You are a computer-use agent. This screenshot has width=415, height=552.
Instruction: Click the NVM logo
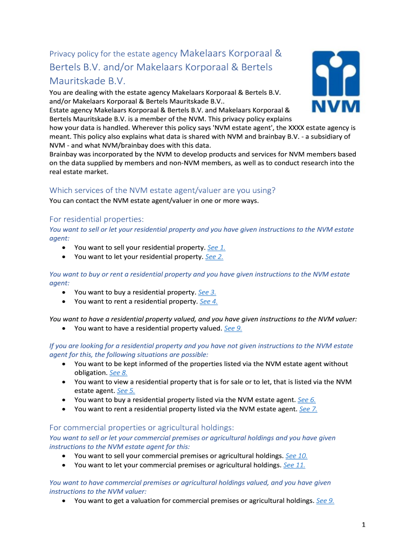(337, 82)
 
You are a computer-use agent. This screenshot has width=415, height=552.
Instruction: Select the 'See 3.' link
(207, 292)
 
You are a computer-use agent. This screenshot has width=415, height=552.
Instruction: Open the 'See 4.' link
(209, 301)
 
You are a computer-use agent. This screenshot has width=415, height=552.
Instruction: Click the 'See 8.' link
(118, 372)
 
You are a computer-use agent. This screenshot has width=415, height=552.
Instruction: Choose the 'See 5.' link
(126, 391)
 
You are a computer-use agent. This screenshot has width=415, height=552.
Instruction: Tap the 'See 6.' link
(306, 399)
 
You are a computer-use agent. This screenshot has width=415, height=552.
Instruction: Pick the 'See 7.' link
(308, 409)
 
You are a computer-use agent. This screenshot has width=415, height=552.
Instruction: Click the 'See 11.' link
(294, 465)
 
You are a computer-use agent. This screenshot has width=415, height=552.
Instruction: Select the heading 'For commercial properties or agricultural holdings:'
(141, 427)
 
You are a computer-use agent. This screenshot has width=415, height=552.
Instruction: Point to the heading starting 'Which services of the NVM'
(162, 190)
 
